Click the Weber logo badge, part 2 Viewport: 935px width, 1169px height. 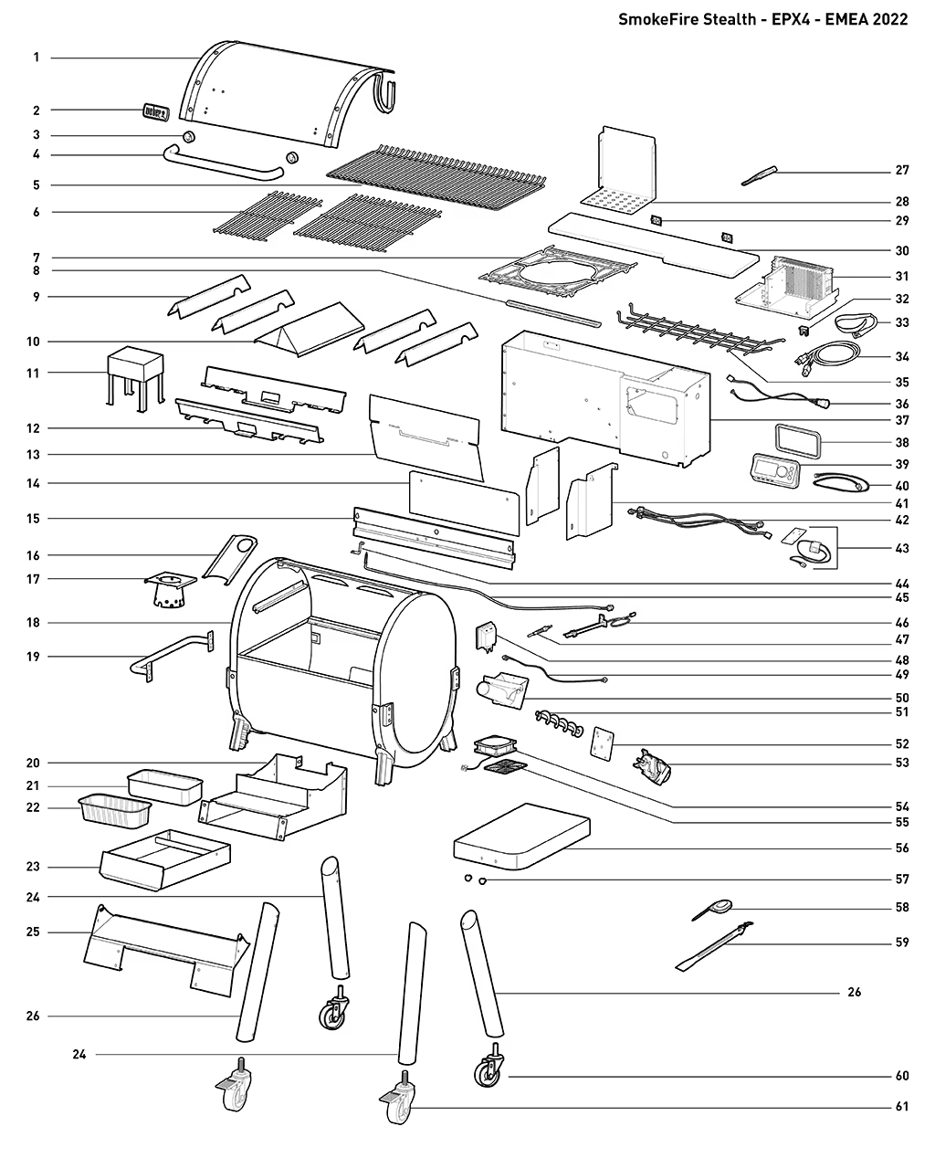pos(155,112)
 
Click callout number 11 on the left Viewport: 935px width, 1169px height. pos(37,373)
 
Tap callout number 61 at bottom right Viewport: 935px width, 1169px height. pos(902,1107)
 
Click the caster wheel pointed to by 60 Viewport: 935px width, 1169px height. pos(487,1070)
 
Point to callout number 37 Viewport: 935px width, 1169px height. pos(902,421)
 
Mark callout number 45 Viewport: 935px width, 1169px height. pos(902,598)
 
